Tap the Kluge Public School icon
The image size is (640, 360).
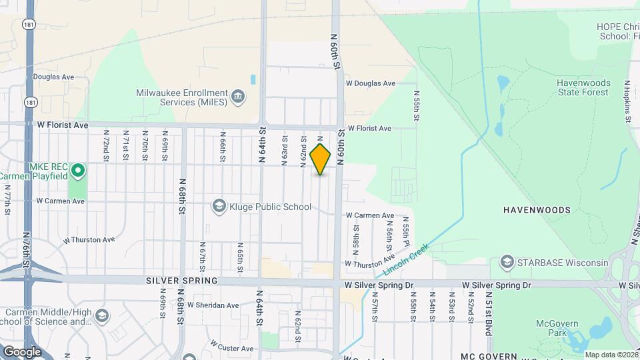pos(219,207)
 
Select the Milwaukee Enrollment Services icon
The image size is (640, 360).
pos(237,98)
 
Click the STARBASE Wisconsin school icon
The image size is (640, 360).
pos(506,262)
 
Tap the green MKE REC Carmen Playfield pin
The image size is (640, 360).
pos(78,171)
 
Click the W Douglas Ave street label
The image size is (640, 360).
pos(371,84)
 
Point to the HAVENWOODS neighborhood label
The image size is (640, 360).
pos(537,210)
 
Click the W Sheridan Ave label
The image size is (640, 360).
pos(213,305)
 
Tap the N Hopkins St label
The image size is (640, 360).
pos(627,102)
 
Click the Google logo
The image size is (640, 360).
pos(21,351)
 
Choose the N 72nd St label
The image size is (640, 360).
pos(105,145)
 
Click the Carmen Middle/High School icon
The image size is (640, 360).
pos(101,315)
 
